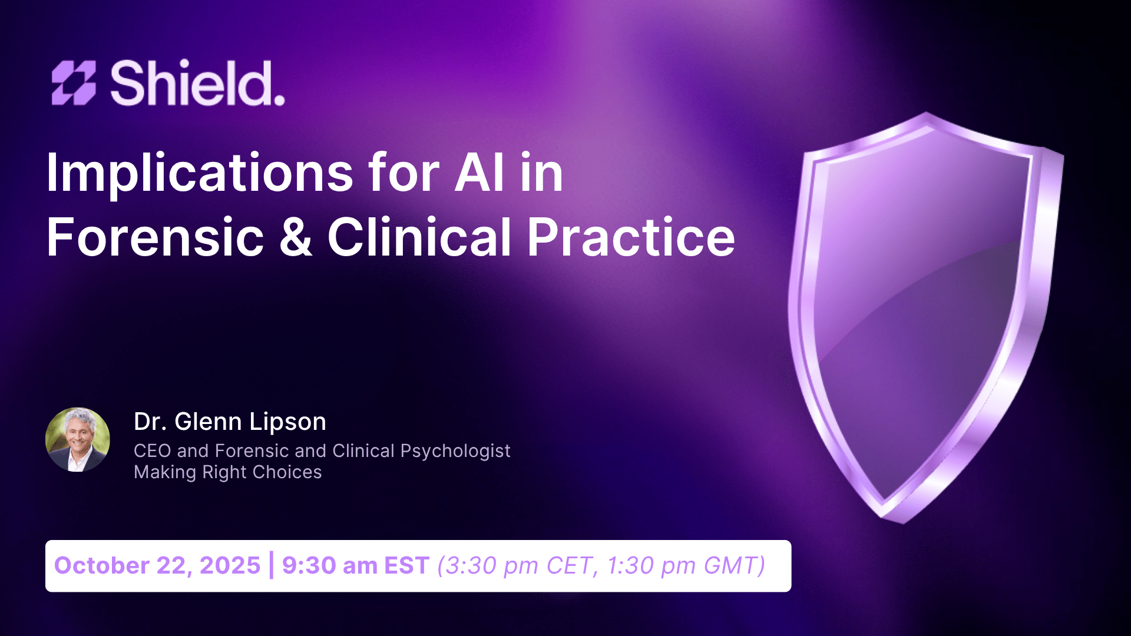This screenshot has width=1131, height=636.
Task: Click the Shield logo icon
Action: pos(74,83)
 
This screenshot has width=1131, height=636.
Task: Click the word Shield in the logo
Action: pos(197,83)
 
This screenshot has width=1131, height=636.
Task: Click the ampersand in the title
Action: pos(296,237)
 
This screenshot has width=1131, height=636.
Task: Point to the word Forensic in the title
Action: pos(156,237)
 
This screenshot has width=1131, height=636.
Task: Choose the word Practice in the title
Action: pos(631,237)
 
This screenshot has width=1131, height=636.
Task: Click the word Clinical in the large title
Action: pos(419,237)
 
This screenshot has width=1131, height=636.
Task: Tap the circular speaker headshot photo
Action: pos(78,439)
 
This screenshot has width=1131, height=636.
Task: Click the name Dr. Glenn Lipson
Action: pos(230,422)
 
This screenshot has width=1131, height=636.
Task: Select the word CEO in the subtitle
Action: pos(152,451)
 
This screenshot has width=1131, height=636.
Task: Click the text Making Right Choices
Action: pos(227,472)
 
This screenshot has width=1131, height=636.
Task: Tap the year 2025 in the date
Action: pos(230,565)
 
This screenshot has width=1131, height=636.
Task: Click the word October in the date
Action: pos(101,565)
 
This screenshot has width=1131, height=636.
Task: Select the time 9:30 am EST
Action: pos(355,565)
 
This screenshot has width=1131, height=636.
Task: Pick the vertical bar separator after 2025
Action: pos(271,565)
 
